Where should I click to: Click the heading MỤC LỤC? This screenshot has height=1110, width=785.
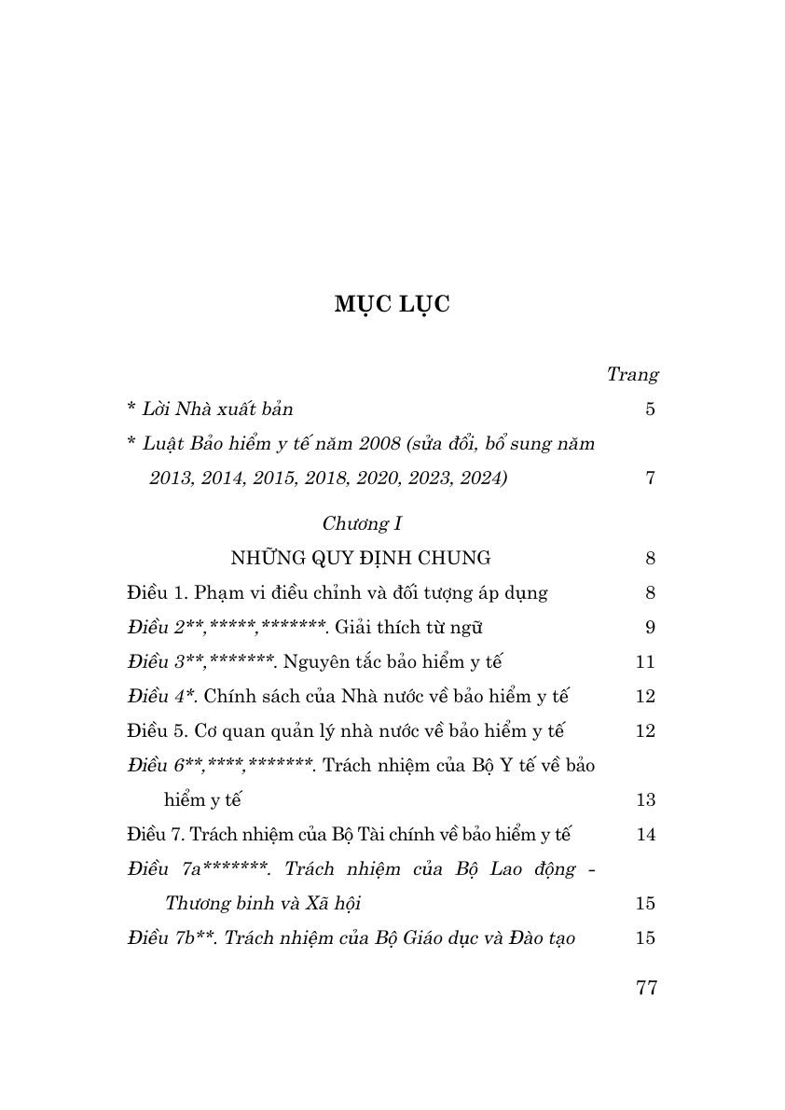pos(392,304)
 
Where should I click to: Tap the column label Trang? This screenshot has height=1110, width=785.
pos(632,374)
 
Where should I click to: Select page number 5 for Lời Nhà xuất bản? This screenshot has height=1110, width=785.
pos(650,409)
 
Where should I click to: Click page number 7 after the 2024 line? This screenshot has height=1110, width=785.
pos(650,478)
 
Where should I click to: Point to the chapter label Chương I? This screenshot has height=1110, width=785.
pos(362,523)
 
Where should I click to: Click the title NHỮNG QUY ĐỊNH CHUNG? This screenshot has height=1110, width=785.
pos(360,558)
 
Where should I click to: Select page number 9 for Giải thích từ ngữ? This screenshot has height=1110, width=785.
pos(650,627)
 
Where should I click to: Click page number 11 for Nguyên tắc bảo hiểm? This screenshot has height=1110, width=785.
pos(645,661)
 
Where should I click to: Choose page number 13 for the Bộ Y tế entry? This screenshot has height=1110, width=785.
pos(645,799)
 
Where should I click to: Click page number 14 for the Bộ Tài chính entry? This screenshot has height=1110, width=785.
pos(645,834)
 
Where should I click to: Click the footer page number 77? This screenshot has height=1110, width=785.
pos(646,988)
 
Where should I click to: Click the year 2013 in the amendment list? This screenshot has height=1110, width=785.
pos(169,478)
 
